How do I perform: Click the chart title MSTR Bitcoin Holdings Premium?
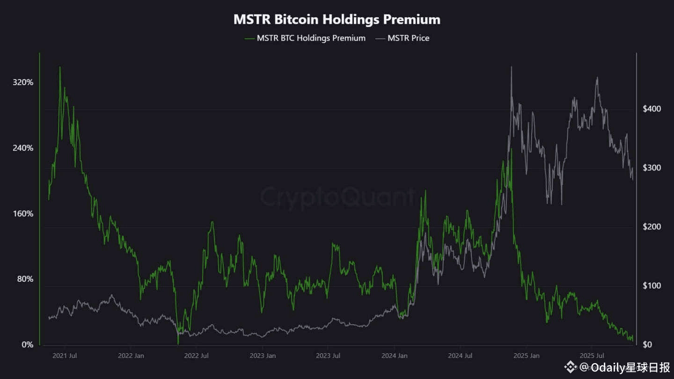pos(337,19)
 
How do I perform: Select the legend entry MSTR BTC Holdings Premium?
pos(311,38)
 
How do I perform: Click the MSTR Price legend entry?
pos(408,38)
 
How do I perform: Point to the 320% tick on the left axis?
pos(23,82)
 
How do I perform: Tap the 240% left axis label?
pos(23,148)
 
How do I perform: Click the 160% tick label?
pos(23,214)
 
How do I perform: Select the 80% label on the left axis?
pos(25,279)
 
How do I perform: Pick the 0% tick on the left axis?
pos(28,345)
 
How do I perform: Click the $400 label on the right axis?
pos(652,109)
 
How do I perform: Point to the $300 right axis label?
pos(652,168)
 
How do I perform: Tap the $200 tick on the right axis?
pos(652,227)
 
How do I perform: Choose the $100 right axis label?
pos(652,286)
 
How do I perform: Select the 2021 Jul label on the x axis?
pos(65,356)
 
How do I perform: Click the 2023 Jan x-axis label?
pos(263,356)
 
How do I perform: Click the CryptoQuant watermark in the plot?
pos(337,197)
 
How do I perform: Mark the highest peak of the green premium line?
pos(60,67)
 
